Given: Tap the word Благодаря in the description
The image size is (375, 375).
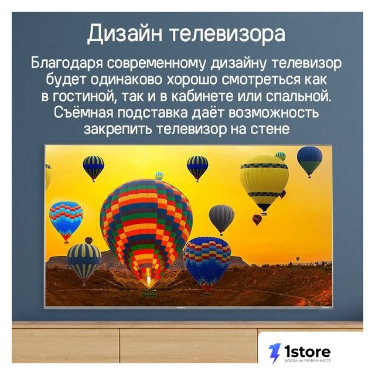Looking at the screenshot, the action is (x=67, y=64).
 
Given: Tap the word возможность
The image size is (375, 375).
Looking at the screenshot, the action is (x=274, y=113).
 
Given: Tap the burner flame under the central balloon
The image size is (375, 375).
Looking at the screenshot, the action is (x=148, y=277).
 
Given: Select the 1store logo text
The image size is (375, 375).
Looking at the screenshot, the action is (x=308, y=352).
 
